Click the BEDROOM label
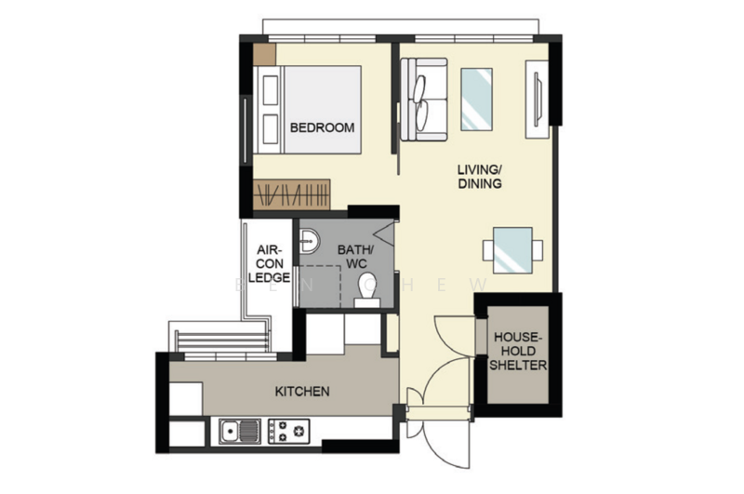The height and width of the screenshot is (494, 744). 322,127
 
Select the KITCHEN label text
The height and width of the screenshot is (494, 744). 301,392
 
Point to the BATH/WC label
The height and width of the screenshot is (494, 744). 353,257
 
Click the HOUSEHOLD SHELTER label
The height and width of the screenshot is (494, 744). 519,351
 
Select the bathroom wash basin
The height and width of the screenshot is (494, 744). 308,243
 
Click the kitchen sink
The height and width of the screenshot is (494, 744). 242,431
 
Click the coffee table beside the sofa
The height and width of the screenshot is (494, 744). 477,100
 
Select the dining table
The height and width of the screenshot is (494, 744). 512,250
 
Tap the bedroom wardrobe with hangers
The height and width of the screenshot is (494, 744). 292,194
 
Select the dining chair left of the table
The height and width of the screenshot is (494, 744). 488,250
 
